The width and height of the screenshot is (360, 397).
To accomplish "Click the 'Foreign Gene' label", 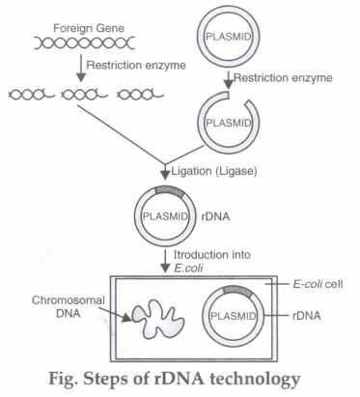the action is pyautogui.click(x=89, y=29).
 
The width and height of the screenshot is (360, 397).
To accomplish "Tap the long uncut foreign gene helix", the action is pyautogui.click(x=84, y=43).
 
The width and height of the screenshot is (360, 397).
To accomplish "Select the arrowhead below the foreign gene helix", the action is pyautogui.click(x=81, y=76).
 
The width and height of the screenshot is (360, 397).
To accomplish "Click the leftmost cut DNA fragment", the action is pyautogui.click(x=32, y=95).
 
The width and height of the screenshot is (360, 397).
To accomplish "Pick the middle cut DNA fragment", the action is pyautogui.click(x=84, y=95).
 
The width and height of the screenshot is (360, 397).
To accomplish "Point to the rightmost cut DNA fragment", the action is pyautogui.click(x=141, y=95).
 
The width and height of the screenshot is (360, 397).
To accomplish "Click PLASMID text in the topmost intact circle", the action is pyautogui.click(x=228, y=37).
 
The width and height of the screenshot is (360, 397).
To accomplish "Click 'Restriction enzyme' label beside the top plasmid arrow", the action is pyautogui.click(x=283, y=78).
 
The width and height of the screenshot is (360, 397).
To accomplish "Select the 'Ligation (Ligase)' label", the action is pyautogui.click(x=214, y=171).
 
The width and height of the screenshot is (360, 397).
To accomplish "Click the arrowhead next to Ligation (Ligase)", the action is pyautogui.click(x=165, y=174).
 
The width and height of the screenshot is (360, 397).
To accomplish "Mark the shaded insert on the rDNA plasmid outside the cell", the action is pyautogui.click(x=170, y=191).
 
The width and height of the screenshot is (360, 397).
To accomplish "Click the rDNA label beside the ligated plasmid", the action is pyautogui.click(x=215, y=216).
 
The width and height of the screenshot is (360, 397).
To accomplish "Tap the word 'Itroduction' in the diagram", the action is pyautogui.click(x=196, y=255).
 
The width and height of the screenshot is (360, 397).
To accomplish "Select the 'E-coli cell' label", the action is pyautogui.click(x=318, y=284).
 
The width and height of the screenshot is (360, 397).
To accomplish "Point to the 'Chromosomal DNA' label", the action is pyautogui.click(x=69, y=307).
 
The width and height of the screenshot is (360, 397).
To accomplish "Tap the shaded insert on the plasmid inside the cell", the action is pyautogui.click(x=238, y=291).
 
